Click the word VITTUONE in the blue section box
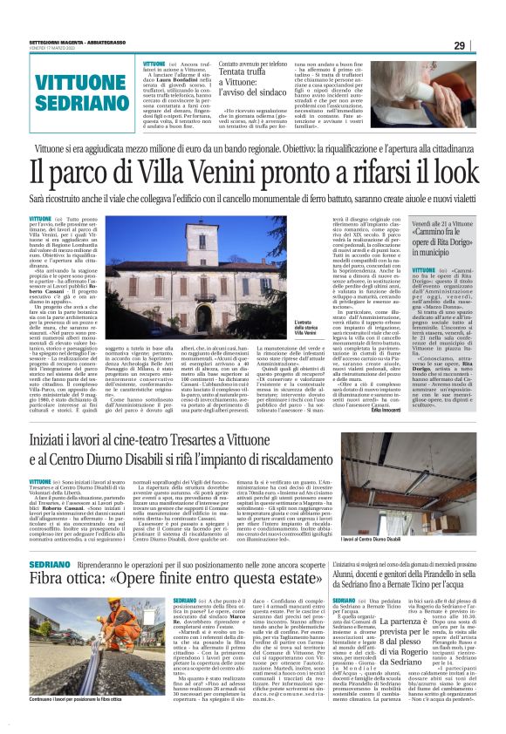(x=69, y=84)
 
